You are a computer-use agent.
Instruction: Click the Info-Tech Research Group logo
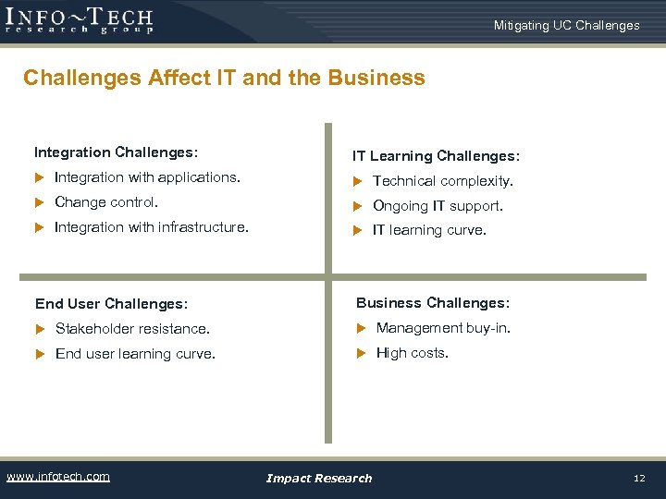80,19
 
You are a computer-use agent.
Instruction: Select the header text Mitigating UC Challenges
566,25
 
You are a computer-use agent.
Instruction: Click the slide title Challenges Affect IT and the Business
224,78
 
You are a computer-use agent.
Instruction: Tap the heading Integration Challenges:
117,152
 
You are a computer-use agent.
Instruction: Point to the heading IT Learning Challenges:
436,156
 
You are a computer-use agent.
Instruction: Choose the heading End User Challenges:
111,303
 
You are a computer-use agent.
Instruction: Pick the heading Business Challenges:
433,302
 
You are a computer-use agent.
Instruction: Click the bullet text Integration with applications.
147,176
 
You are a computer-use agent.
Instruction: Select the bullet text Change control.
106,201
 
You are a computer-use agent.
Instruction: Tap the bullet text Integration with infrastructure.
152,226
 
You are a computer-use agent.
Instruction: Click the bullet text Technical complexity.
442,181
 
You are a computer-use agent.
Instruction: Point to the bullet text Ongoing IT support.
438,206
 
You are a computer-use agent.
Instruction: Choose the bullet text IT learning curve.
428,230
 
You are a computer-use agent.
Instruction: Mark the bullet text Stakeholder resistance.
132,328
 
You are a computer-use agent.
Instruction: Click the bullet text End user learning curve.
135,353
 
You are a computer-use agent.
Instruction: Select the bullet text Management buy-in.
443,327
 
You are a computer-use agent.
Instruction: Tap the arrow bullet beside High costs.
362,353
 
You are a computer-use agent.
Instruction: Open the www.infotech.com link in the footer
57,477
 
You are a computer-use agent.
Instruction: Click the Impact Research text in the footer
318,478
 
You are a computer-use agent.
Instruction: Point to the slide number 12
638,478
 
